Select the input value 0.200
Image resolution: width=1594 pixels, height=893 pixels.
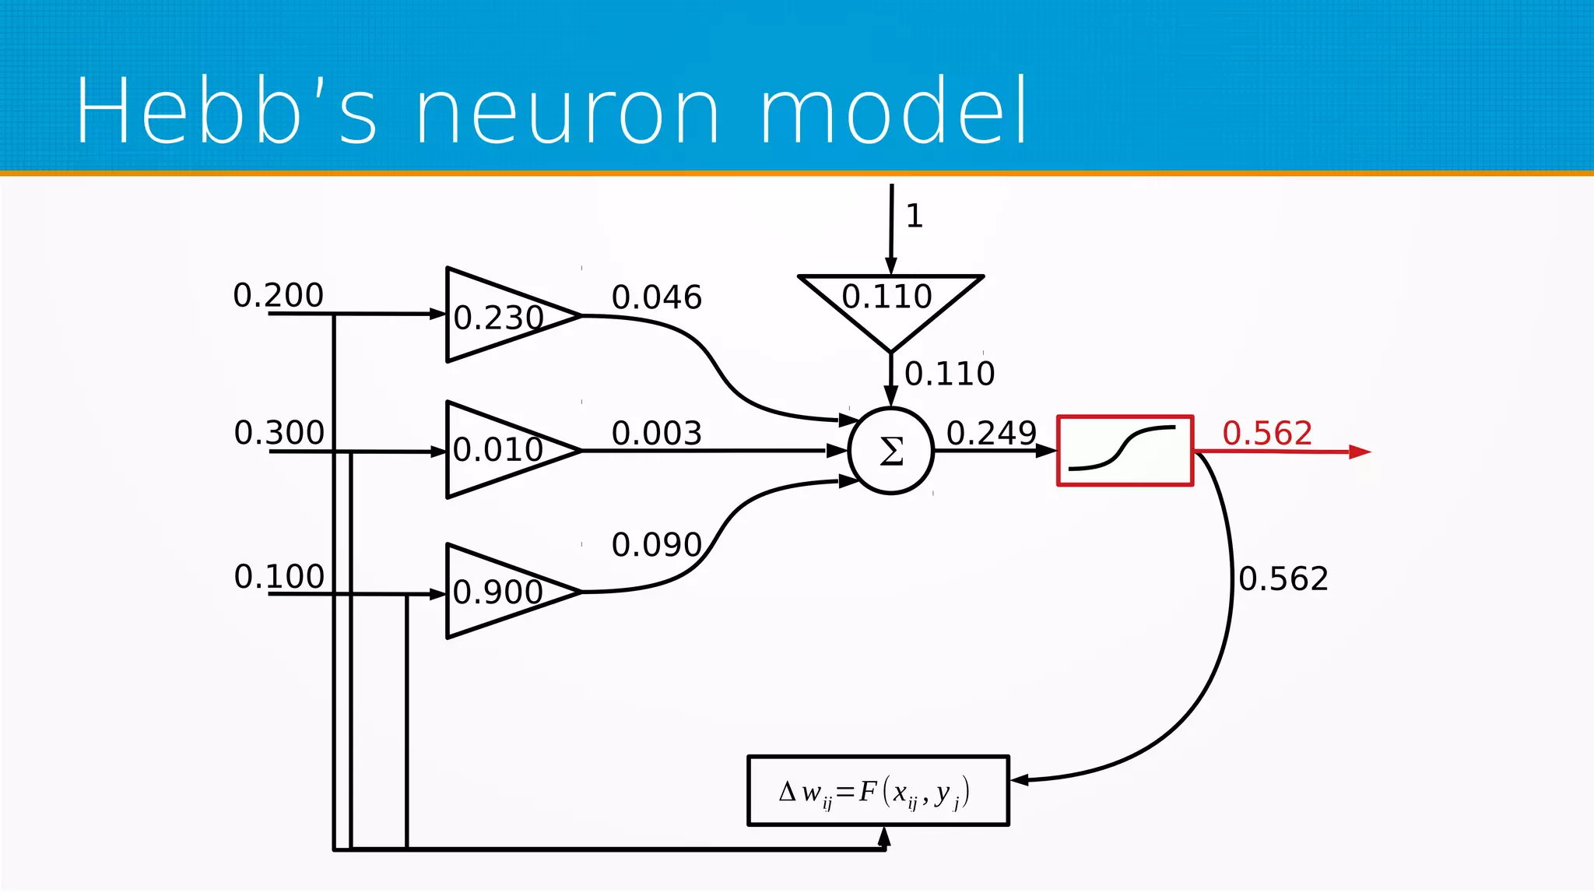[x=278, y=296]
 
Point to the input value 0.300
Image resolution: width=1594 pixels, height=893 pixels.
[x=279, y=433]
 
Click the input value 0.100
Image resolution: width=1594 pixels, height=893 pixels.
[x=279, y=577]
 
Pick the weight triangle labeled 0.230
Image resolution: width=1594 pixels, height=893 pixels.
[x=498, y=316]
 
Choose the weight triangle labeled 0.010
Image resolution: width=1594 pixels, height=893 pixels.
[x=498, y=449]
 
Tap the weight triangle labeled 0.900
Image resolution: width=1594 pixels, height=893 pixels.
[x=498, y=592]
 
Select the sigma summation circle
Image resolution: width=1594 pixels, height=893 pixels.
[x=890, y=450]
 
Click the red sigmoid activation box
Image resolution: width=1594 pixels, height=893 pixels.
[x=1125, y=450]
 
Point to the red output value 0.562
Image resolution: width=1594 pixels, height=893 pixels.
[x=1267, y=434]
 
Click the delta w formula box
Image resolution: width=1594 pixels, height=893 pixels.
[x=877, y=790]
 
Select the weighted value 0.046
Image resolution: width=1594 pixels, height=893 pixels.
[x=656, y=297]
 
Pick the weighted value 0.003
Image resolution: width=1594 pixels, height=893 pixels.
[x=656, y=434]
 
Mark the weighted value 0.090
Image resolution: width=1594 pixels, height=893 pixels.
[x=656, y=545]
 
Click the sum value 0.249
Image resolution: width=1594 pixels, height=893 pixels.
[x=991, y=434]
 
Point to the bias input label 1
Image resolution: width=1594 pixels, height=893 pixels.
[x=915, y=216]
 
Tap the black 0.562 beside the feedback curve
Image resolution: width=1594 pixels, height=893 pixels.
[x=1283, y=579]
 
